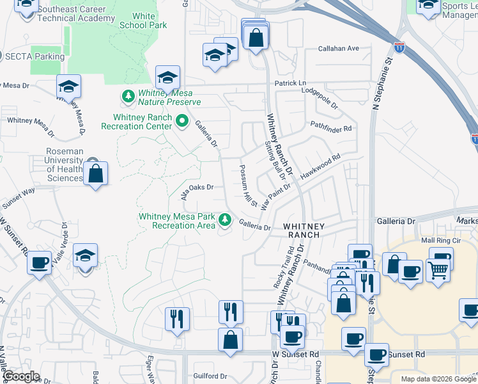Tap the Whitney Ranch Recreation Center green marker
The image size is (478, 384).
[181, 120]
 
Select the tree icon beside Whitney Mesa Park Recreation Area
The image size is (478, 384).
[224, 220]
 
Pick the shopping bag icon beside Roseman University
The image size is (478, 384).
[95, 173]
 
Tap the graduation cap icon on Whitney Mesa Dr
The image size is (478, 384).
[68, 86]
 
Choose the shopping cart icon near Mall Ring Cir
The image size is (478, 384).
[438, 271]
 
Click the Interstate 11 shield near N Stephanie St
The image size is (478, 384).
[399, 48]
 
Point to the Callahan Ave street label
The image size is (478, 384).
[339, 49]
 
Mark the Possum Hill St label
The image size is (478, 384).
[247, 185]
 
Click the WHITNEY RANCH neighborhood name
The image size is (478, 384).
[304, 230]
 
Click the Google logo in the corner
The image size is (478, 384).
[21, 376]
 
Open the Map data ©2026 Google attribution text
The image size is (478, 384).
[438, 379]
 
